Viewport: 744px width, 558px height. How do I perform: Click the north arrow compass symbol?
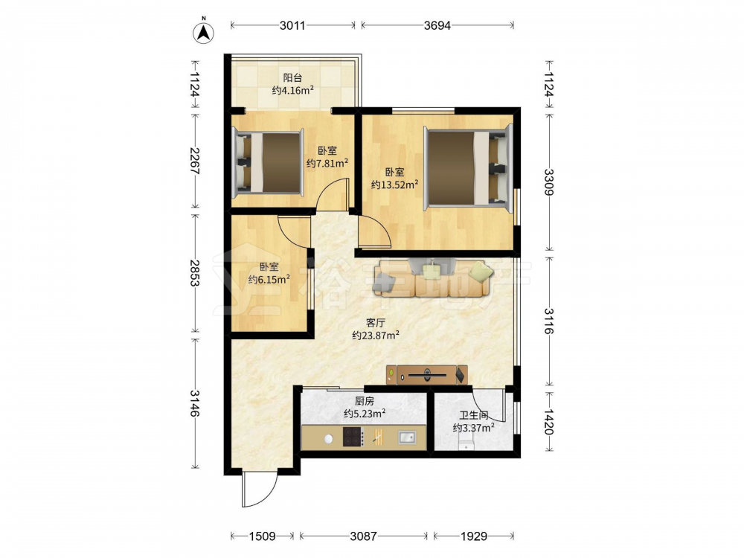point(204,32)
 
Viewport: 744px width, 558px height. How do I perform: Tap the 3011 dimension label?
point(292,25)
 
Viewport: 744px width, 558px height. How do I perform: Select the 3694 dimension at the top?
point(437,25)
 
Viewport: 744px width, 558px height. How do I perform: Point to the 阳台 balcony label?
point(292,78)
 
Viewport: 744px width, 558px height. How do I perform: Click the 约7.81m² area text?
point(327,164)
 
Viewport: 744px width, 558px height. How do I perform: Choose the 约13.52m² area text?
point(395,185)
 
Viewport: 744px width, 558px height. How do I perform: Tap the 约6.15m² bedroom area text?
point(269,280)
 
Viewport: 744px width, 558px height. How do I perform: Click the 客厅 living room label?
point(375,323)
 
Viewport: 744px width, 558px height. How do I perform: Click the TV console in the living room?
point(426,375)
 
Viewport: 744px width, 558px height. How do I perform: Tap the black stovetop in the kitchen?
point(353,437)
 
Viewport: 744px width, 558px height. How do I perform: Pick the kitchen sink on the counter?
point(407,437)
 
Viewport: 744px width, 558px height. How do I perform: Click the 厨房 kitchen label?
point(365,402)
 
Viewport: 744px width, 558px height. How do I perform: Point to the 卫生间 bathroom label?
point(473,416)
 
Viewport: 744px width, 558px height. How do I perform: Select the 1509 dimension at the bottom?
point(263,536)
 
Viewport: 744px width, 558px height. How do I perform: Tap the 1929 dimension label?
point(473,536)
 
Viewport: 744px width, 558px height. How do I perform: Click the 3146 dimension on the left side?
point(194,403)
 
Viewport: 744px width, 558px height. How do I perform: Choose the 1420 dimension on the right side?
point(548,422)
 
